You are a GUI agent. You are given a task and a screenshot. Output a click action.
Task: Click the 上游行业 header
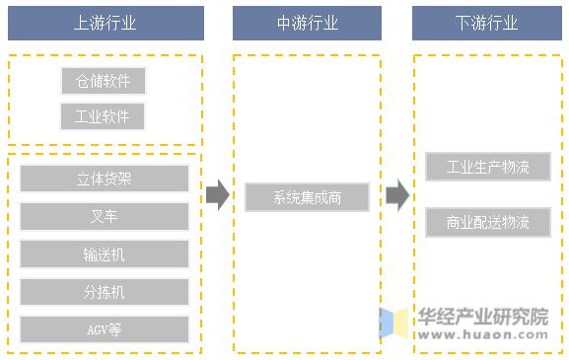click(x=104, y=23)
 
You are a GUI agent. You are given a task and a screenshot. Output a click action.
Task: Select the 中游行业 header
click(x=307, y=23)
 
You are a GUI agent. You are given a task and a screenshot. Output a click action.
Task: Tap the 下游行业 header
click(x=486, y=23)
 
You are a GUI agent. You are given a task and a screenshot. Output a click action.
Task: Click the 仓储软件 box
click(x=103, y=81)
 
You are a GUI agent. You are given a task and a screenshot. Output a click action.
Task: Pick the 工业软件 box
click(x=103, y=117)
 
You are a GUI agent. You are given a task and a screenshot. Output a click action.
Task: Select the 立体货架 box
click(x=104, y=179)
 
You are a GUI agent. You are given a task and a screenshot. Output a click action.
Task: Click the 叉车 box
click(x=104, y=216)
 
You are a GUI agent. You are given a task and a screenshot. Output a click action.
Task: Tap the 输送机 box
click(x=104, y=253)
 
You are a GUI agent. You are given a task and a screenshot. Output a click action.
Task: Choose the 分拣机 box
click(x=104, y=291)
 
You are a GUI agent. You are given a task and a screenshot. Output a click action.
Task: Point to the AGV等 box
click(x=104, y=328)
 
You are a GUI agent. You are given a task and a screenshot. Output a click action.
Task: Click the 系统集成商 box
click(x=307, y=197)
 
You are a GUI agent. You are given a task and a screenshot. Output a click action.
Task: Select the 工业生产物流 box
click(x=487, y=167)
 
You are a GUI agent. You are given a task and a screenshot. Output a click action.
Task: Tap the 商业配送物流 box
click(x=487, y=222)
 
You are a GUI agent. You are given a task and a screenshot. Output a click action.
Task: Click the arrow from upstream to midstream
click(x=217, y=196)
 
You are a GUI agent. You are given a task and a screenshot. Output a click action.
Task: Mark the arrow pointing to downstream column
click(x=396, y=196)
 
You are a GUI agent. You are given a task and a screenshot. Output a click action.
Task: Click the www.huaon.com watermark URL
click(x=481, y=335)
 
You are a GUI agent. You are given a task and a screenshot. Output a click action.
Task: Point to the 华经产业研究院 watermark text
click(x=482, y=317)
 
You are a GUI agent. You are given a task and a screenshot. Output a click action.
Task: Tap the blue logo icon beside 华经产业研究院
click(x=395, y=324)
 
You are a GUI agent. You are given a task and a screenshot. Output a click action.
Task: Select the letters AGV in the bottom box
click(x=96, y=328)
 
